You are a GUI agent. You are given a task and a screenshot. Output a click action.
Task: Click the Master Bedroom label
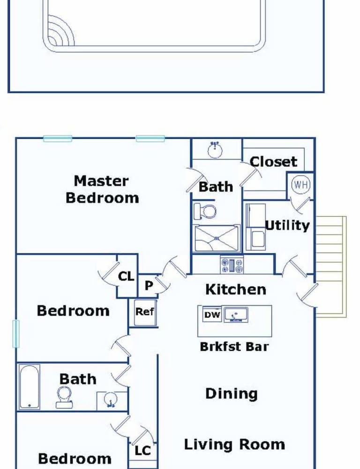pyautogui.click(x=102, y=189)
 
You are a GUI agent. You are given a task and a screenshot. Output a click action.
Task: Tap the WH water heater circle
pyautogui.click(x=301, y=184)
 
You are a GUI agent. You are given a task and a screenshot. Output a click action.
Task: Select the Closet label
pyautogui.click(x=274, y=161)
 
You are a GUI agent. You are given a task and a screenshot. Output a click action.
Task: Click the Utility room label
pyautogui.click(x=287, y=225)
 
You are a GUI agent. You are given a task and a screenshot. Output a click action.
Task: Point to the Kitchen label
pyautogui.click(x=236, y=289)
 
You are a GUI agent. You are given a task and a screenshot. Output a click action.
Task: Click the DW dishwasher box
pyautogui.click(x=212, y=314)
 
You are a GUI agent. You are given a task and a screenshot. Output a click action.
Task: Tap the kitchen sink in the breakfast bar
pyautogui.click(x=236, y=314)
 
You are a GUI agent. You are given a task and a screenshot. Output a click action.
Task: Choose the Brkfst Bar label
pyautogui.click(x=234, y=347)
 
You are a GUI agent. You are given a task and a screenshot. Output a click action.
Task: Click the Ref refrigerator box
pyautogui.click(x=145, y=312)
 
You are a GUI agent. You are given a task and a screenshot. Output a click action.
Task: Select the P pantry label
pyautogui.click(x=149, y=285)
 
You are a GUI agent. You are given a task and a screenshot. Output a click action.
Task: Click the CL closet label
pyautogui.click(x=126, y=276)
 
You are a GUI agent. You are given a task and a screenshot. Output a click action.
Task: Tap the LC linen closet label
pyautogui.click(x=142, y=450)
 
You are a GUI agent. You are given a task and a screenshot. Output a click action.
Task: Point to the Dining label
pyautogui.click(x=232, y=393)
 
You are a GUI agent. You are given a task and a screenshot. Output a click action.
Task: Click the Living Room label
pyautogui.click(x=234, y=445)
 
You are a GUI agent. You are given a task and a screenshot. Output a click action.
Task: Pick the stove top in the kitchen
pyautogui.click(x=232, y=265)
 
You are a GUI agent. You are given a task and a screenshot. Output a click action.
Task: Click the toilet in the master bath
pyautogui.click(x=205, y=211)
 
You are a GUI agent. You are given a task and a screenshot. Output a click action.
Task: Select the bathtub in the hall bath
pyautogui.click(x=30, y=386)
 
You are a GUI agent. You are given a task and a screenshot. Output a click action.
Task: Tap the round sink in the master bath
pyautogui.click(x=215, y=150)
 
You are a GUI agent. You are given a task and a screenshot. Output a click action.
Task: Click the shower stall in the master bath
pyautogui.click(x=217, y=238)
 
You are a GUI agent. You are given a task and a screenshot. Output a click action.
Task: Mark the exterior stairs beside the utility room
pyautogui.click(x=330, y=266)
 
